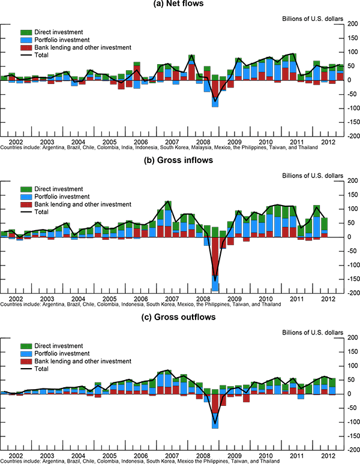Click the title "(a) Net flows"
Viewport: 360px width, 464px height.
click(180, 5)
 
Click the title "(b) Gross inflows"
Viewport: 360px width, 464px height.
click(180, 161)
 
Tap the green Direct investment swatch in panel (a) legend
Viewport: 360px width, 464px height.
click(26, 32)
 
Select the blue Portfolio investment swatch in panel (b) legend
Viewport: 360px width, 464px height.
click(26, 197)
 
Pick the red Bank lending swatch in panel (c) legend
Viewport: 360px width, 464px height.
click(26, 361)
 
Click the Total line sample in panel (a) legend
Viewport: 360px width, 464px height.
click(26, 55)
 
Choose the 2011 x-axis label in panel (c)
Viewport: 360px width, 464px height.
click(296, 456)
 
